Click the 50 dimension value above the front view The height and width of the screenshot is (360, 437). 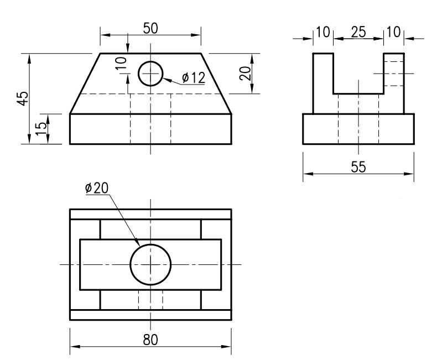click(150, 29)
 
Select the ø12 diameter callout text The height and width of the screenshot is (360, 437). click(194, 78)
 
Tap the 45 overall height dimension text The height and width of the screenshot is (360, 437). click(22, 98)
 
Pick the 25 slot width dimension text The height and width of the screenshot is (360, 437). click(359, 32)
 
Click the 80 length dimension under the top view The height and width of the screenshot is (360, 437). click(150, 340)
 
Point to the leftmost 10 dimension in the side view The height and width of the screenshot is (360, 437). click(322, 32)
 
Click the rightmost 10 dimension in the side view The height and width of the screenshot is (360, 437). click(393, 32)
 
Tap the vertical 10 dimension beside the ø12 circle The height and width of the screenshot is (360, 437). click(122, 62)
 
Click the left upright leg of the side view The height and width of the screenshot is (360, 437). click(323, 83)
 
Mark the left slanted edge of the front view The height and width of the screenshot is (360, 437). click(85, 84)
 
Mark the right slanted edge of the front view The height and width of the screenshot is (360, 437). click(216, 84)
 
